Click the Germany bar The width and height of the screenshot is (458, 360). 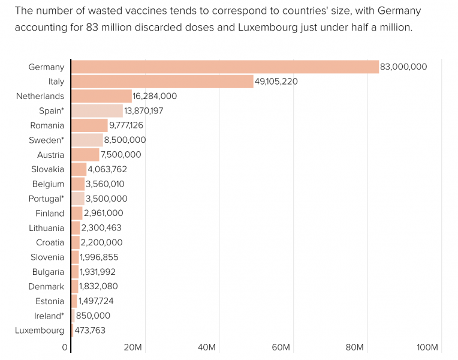[x=225, y=67]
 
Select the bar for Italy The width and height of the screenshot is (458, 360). [x=162, y=82]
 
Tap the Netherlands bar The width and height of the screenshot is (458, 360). [x=101, y=96]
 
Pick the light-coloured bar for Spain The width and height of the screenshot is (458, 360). [x=97, y=110]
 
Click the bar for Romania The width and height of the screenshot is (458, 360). [x=89, y=125]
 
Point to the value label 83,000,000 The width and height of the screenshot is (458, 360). [x=403, y=67]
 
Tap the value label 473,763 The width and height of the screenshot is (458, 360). [x=90, y=331]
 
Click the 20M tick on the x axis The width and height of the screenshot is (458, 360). [x=132, y=347]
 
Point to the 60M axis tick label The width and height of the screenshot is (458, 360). [x=281, y=347]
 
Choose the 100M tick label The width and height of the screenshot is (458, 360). [x=428, y=347]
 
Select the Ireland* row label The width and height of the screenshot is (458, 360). [x=49, y=316]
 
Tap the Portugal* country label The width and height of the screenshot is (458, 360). [x=46, y=199]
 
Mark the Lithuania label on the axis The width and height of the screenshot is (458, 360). [x=46, y=228]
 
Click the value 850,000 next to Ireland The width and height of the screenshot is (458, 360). [x=93, y=316]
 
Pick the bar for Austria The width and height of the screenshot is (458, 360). [x=85, y=155]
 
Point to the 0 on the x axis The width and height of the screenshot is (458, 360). [x=65, y=347]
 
